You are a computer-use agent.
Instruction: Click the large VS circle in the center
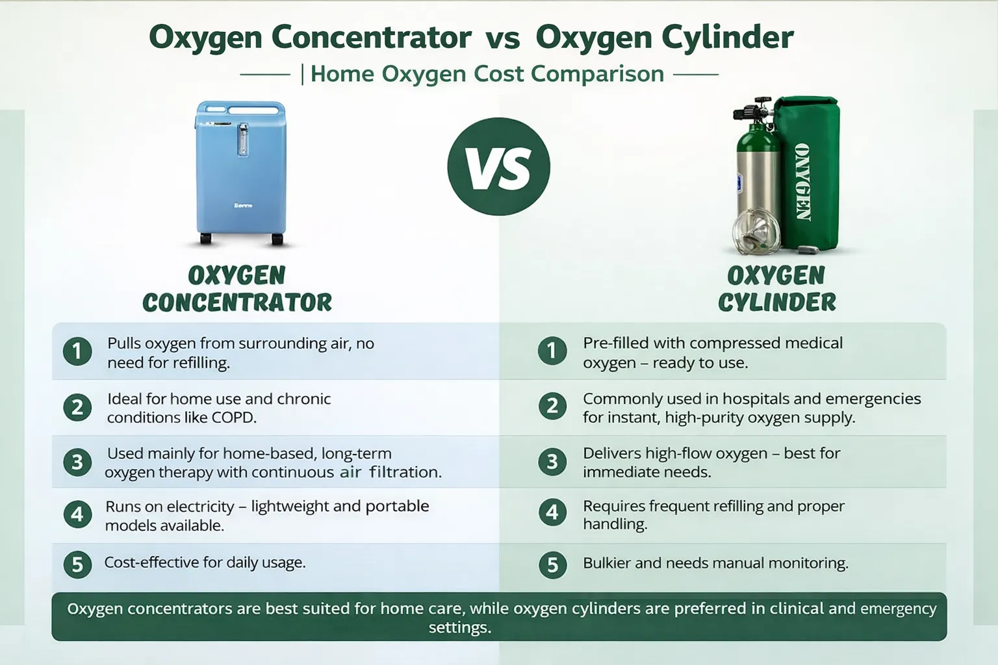coord(498,167)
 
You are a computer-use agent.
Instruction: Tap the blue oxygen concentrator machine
coord(240,173)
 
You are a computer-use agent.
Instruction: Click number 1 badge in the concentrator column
coord(77,351)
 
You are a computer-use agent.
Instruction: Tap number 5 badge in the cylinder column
coord(552,565)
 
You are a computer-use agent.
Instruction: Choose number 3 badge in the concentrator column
coord(77,462)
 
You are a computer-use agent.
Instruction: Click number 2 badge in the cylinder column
coord(552,407)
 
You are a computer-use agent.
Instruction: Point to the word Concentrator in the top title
coord(371,37)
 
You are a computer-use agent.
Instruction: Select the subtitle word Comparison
coord(597,75)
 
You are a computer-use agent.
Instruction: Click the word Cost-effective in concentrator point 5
coord(152,562)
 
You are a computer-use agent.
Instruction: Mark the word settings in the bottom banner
coord(460,628)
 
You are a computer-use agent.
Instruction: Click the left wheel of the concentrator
coord(205,238)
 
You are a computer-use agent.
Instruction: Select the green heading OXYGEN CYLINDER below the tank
coord(776,289)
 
